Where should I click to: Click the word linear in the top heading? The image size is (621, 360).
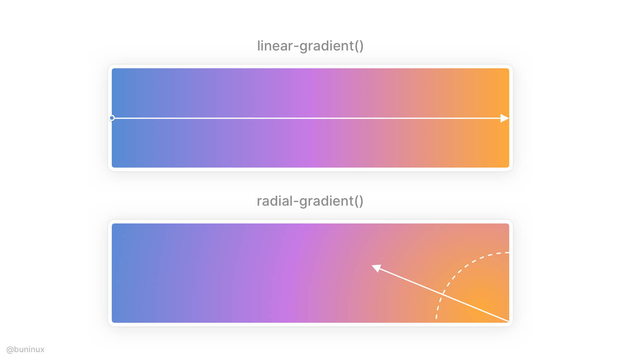tap(274, 46)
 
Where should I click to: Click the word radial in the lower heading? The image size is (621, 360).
tap(274, 201)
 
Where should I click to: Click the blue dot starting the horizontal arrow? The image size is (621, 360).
tap(112, 118)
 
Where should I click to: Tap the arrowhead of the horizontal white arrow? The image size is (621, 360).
tap(505, 118)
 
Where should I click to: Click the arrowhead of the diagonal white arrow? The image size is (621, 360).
tap(376, 268)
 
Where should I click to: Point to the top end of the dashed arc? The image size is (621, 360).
tap(508, 252)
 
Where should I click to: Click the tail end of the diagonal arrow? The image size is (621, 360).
tap(509, 322)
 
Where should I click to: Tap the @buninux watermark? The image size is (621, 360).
tap(25, 350)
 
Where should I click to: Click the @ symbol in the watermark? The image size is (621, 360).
tap(10, 350)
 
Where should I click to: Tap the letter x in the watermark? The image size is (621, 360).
tap(42, 350)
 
